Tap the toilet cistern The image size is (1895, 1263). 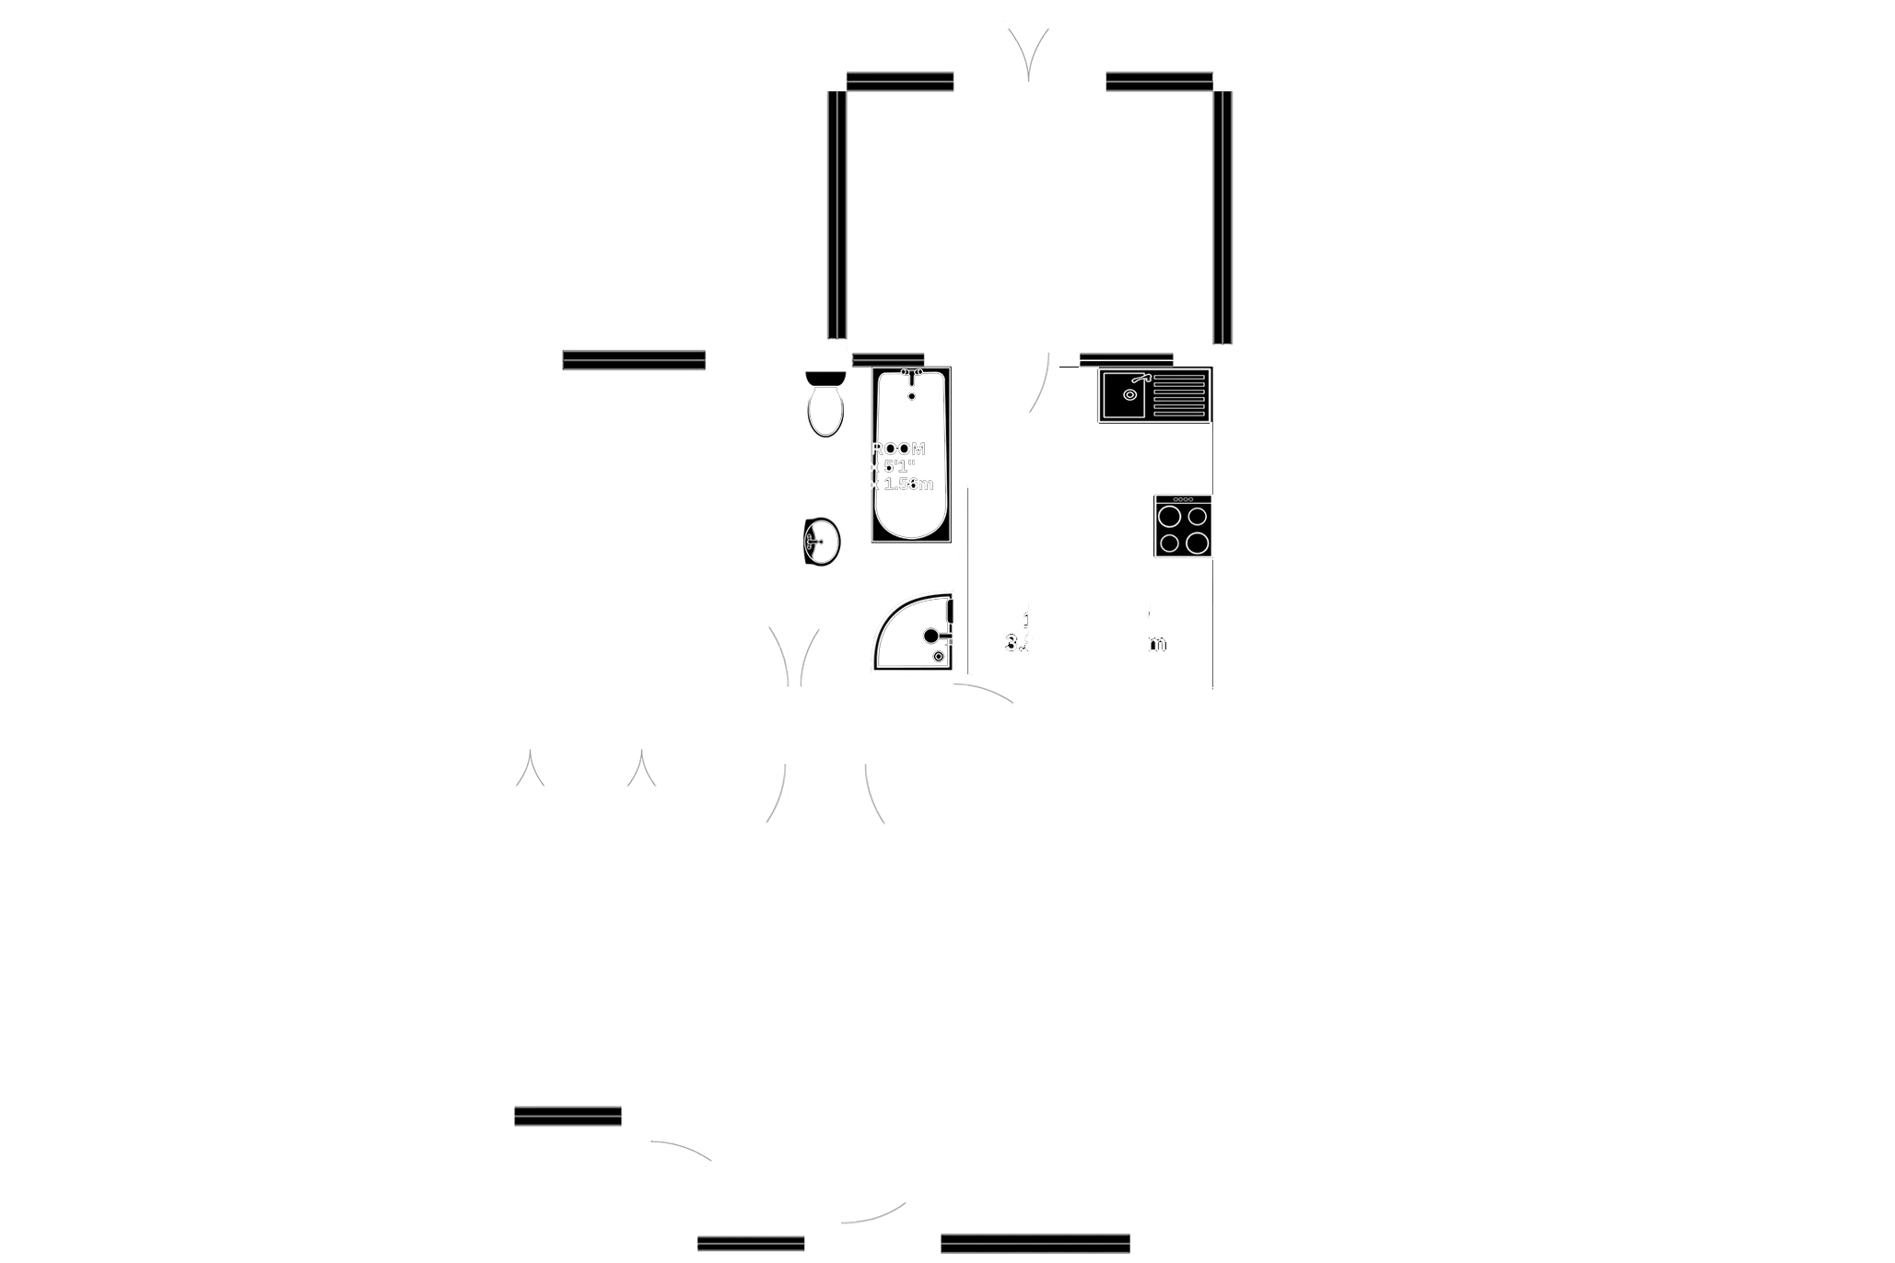[825, 378]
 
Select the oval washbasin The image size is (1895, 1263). [822, 541]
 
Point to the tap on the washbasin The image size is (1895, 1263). [813, 542]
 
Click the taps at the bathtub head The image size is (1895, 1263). [912, 372]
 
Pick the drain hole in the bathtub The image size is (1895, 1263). [912, 396]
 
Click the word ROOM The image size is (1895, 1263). [899, 449]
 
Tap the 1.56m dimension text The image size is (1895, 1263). [907, 484]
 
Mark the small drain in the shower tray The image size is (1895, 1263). [938, 656]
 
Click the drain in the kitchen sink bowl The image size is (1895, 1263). [1129, 395]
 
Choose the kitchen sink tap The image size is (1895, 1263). [1141, 378]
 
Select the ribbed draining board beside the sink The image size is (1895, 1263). [1178, 395]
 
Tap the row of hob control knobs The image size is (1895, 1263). [1182, 499]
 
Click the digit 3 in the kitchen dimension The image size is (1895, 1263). [1012, 643]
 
